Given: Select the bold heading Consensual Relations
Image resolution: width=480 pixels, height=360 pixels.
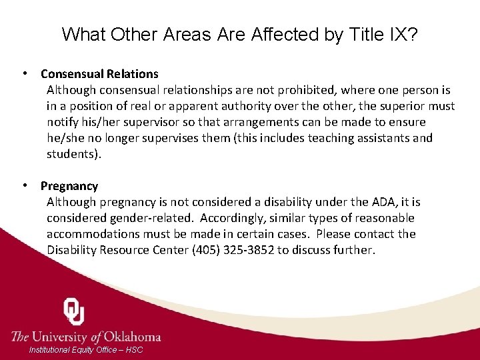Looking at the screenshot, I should click(99, 74).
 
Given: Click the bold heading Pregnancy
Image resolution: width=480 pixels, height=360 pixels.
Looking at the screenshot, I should click(69, 186).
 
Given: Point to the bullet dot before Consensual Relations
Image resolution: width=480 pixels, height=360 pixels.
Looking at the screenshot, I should click(25, 73).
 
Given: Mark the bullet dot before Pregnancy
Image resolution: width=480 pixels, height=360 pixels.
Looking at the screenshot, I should click(25, 185).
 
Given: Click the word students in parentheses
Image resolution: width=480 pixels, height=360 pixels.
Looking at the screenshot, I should click(72, 154).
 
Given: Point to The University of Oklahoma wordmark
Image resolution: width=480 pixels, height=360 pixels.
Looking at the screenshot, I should click(86, 336).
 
